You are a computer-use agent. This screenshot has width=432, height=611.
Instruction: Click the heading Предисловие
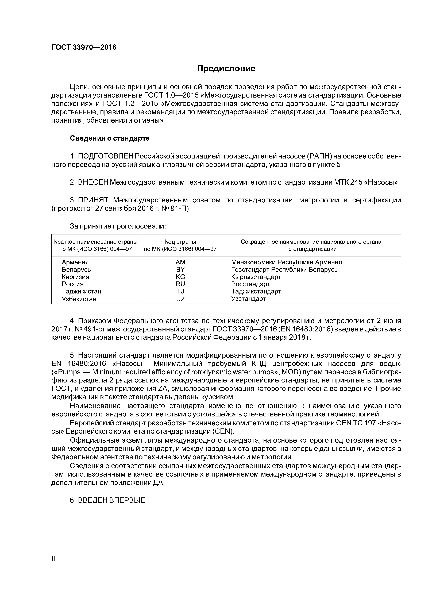coord(226,69)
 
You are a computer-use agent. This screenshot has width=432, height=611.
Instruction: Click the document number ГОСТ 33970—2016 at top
coord(84,47)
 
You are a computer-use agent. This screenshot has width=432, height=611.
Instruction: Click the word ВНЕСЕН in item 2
coord(93,183)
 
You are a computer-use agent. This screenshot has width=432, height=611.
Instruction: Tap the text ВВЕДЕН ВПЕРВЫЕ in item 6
coord(111,500)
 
